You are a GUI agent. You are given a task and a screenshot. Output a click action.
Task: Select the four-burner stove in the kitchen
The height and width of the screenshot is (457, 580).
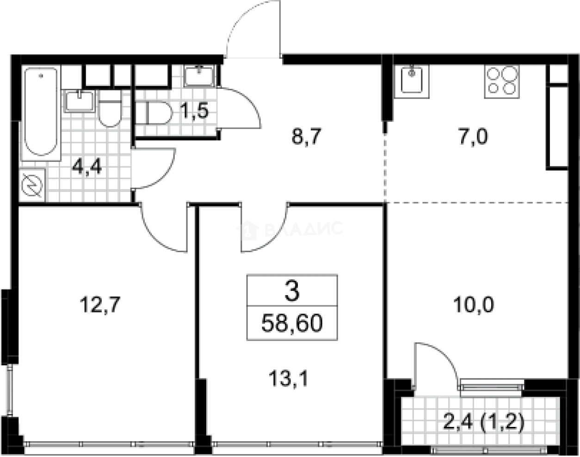[502, 81]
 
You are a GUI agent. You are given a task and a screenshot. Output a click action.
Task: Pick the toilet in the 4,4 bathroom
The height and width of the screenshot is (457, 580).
[110, 109]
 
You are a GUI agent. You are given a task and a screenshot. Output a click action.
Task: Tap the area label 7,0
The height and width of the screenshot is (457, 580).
[473, 137]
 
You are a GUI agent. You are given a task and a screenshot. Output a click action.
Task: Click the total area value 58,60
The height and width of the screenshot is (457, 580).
[291, 323]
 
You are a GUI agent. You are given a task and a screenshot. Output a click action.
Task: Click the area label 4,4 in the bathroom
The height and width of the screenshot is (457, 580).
[87, 167]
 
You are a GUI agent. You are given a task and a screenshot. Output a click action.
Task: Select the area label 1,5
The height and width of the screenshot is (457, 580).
[195, 111]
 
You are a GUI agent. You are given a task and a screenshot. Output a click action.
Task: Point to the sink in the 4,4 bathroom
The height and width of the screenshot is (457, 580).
[79, 101]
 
